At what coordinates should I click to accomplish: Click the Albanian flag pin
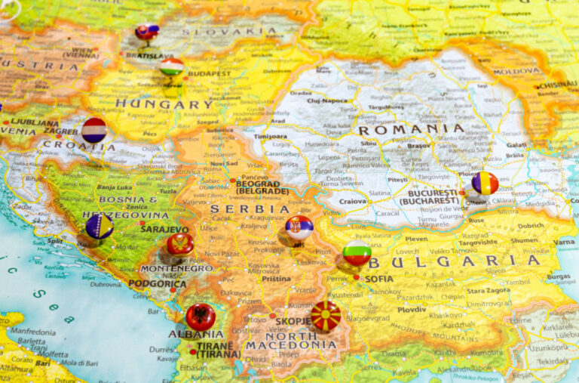[x=201, y=316]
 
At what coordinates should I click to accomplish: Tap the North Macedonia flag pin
[x=326, y=315]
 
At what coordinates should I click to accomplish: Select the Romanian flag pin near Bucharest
[x=485, y=183]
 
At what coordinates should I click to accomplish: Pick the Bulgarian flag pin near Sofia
[x=357, y=252]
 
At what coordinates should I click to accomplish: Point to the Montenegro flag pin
[x=180, y=244]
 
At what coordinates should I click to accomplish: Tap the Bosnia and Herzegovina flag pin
[x=100, y=226]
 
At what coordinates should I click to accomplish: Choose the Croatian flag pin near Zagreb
[x=94, y=130]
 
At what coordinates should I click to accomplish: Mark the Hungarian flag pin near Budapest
[x=172, y=66]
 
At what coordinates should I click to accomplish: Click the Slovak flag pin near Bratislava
[x=147, y=32]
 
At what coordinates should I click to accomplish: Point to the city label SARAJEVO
[x=164, y=229]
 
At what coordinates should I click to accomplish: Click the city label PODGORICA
[x=157, y=283]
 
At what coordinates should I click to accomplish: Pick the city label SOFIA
[x=378, y=278]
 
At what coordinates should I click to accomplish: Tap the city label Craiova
[x=353, y=202]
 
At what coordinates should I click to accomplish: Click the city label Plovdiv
[x=412, y=309]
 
